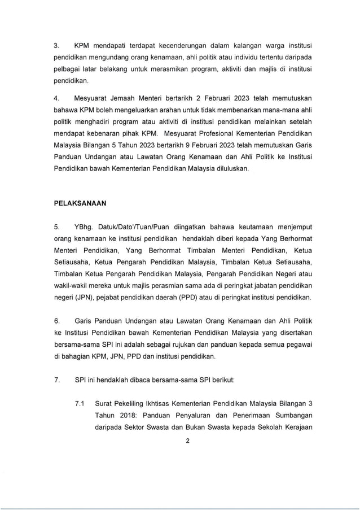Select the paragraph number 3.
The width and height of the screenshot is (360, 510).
56,45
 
